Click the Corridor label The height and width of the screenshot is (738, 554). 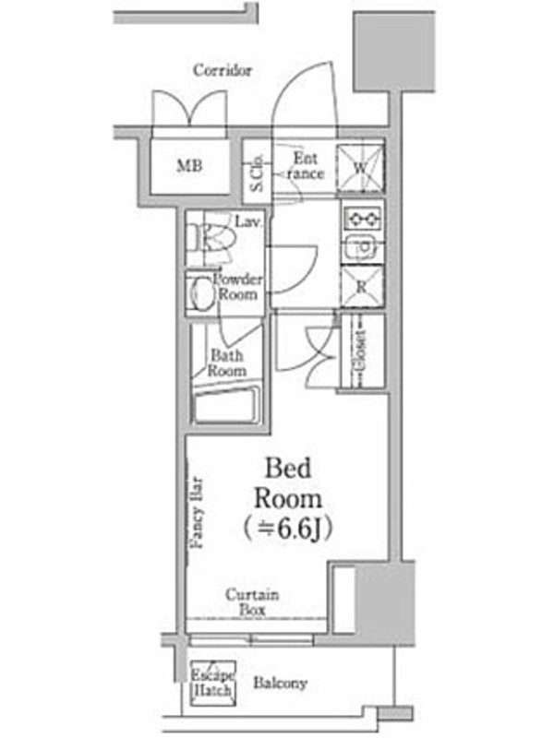pyautogui.click(x=223, y=71)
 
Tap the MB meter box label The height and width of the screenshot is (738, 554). pyautogui.click(x=189, y=165)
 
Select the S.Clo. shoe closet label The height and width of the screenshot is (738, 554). pyautogui.click(x=258, y=173)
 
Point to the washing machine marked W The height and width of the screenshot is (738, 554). pyautogui.click(x=360, y=168)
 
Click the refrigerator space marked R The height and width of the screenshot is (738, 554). pyautogui.click(x=362, y=287)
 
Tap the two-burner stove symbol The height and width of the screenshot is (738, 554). pyautogui.click(x=362, y=219)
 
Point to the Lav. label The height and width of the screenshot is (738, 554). pyautogui.click(x=247, y=221)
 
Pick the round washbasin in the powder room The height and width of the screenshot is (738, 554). pyautogui.click(x=201, y=292)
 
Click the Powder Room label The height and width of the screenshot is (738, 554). pyautogui.click(x=238, y=286)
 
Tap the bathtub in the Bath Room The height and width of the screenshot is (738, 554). pyautogui.click(x=226, y=405)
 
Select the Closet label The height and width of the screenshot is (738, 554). pyautogui.click(x=360, y=351)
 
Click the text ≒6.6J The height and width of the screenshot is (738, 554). pyautogui.click(x=288, y=529)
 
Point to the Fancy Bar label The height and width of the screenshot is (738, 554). pyautogui.click(x=198, y=514)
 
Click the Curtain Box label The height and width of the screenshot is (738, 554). pyautogui.click(x=252, y=602)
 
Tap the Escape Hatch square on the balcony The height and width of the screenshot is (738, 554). pyautogui.click(x=213, y=683)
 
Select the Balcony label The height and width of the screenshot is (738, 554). pyautogui.click(x=281, y=683)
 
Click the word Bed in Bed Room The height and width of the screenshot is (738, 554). pyautogui.click(x=288, y=469)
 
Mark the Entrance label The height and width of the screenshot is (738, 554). pyautogui.click(x=306, y=166)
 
